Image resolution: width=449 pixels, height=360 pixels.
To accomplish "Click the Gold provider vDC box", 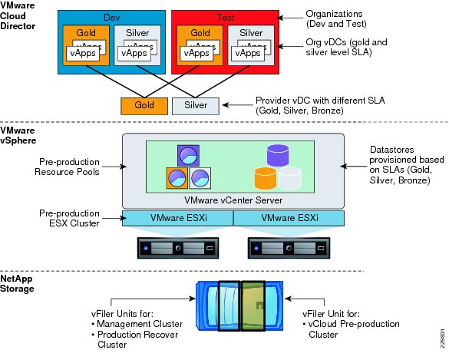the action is point(144,106).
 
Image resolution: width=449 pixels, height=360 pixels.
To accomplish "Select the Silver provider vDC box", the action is point(196,106).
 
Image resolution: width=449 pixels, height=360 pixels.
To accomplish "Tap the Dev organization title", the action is point(112,18).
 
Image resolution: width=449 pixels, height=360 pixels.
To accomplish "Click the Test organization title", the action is point(226,18).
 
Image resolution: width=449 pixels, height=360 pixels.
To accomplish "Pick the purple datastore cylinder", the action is point(278,156).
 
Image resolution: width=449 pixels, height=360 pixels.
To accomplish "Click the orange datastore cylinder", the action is point(266,179).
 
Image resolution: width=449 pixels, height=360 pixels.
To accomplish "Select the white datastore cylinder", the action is point(290,179).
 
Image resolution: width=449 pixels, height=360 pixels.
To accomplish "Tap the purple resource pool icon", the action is point(188,156).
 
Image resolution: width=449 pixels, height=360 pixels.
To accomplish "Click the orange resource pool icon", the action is point(177,178).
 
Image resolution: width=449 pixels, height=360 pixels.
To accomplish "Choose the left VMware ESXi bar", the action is point(178,218).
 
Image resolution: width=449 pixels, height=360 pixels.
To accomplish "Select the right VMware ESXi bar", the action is point(289,218).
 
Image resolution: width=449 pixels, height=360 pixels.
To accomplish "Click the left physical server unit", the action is point(178,248).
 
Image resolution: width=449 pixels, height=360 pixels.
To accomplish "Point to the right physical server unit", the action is point(289,248).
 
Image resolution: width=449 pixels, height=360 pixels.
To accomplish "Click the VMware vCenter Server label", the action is point(233,200).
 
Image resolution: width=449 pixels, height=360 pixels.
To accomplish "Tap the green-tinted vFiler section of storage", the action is point(253,306).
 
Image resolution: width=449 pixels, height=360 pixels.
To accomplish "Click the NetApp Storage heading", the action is point(17,283).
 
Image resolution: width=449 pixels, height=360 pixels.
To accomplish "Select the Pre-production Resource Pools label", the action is point(67,167).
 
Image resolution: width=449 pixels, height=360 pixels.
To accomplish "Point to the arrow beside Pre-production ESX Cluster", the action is point(114,218).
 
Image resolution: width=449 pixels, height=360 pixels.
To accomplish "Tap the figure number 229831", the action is point(443,339).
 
